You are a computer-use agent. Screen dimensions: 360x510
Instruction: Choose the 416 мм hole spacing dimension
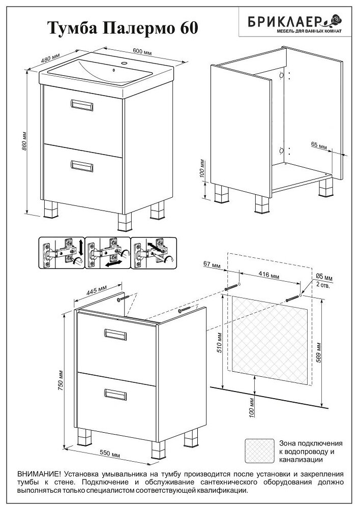click(267, 276)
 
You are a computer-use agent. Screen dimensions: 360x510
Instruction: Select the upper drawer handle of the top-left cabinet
click(82, 105)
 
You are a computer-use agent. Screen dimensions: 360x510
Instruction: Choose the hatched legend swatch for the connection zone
click(258, 451)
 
